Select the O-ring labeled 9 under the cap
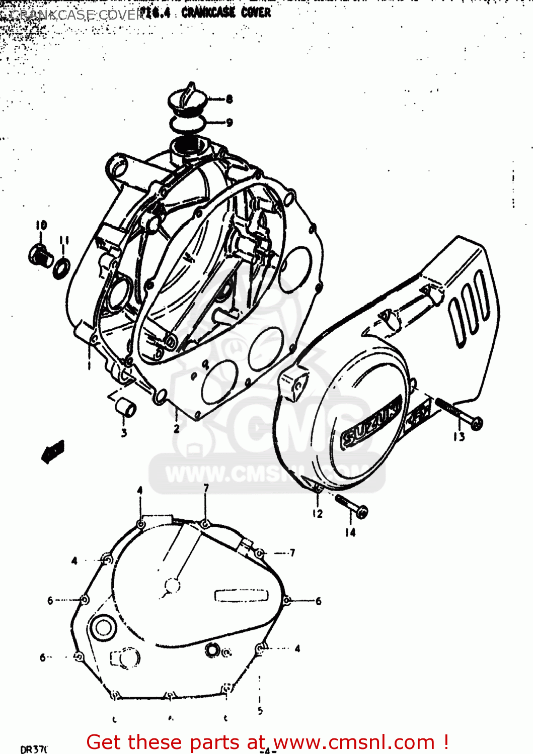tap(187, 123)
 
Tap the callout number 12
tap(317, 514)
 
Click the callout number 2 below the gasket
tap(177, 429)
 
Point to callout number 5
tap(260, 710)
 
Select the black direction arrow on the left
tap(52, 451)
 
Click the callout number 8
tap(230, 99)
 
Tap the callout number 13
tap(459, 437)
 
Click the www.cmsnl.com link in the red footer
tap(353, 742)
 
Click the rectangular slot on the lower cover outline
tap(242, 596)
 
